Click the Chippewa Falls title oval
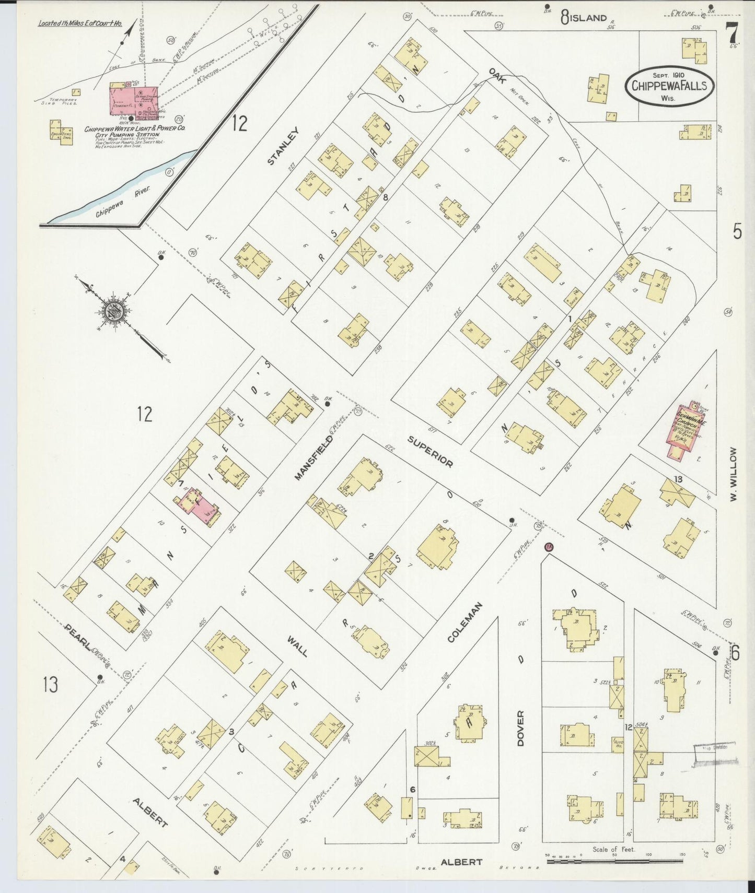tap(669, 86)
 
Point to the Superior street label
tap(430, 452)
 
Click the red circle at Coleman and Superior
tap(548, 547)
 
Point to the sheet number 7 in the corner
tap(732, 35)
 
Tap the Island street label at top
tap(588, 18)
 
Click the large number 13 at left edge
tap(50, 684)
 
